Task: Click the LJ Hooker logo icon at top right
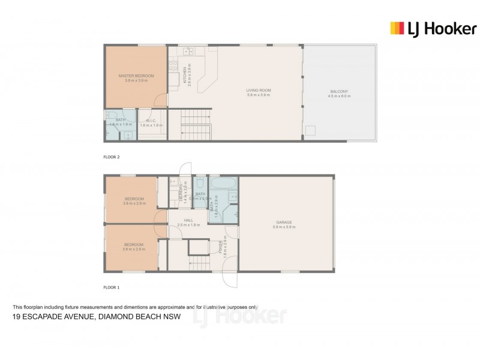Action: [x=397, y=28]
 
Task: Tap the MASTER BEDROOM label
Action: [x=136, y=76]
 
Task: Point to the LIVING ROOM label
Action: [x=259, y=91]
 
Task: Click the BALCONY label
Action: [x=338, y=91]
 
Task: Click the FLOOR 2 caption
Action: [x=112, y=156]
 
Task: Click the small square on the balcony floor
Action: [x=310, y=131]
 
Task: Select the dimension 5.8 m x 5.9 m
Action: [x=259, y=95]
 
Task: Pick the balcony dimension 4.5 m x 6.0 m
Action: [x=338, y=96]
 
